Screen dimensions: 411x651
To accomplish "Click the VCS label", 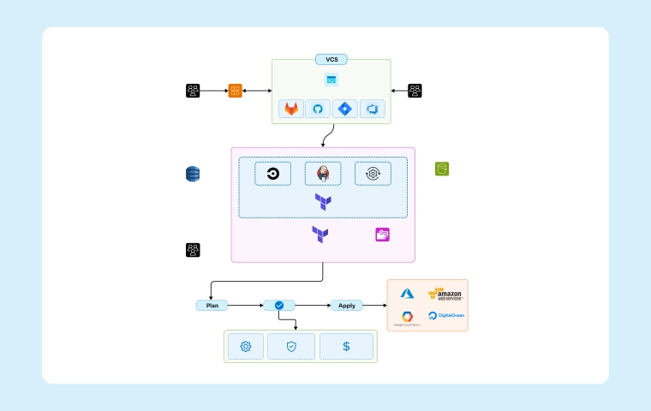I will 331,60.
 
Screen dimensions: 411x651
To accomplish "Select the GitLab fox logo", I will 293,110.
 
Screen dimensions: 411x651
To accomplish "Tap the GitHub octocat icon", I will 318,110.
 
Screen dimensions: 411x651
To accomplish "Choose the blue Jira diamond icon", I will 345,110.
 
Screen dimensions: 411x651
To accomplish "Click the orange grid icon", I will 235,90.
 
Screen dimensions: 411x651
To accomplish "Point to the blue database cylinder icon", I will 193,174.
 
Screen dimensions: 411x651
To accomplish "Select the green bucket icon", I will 442,169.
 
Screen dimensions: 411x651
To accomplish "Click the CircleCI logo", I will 273,174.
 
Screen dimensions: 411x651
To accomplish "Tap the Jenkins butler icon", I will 323,174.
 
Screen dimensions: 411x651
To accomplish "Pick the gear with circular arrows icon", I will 373,174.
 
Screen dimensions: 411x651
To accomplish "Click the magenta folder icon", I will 382,234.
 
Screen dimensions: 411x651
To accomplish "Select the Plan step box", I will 212,305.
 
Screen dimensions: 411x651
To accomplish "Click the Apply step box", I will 347,305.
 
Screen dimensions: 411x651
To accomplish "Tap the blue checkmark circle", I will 279,305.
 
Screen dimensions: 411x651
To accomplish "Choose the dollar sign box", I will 346,347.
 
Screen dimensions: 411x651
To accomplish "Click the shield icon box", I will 291,347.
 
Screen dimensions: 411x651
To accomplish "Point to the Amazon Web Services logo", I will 445,295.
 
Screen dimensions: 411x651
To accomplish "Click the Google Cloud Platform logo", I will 408,319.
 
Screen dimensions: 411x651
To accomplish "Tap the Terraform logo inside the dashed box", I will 323,202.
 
